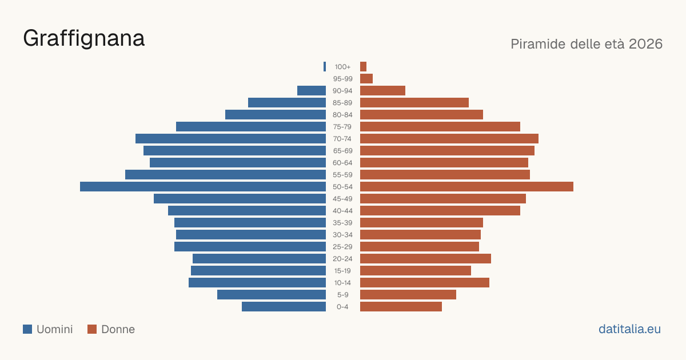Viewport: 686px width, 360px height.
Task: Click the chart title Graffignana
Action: [x=83, y=39]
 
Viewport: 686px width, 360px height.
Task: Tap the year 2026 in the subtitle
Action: [x=645, y=44]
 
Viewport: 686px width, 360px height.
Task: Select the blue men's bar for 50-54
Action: [x=203, y=187]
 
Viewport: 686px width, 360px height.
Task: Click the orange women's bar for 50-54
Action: [x=466, y=187]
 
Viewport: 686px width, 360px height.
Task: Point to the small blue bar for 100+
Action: [x=325, y=67]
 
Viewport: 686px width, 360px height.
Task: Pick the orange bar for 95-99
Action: [x=366, y=79]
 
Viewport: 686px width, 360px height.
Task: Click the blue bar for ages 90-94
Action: [x=312, y=91]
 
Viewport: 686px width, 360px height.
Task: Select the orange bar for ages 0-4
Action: [x=401, y=307]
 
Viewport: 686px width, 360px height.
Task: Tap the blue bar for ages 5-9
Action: [x=272, y=295]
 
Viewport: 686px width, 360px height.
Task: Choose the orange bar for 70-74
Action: [x=449, y=139]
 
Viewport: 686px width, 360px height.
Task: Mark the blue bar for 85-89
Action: [x=287, y=102]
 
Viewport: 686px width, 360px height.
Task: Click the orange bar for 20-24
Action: [x=425, y=259]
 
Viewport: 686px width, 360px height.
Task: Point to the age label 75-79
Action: [x=342, y=127]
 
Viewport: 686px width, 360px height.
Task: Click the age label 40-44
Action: [x=342, y=211]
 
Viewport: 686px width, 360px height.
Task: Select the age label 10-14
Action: [x=342, y=283]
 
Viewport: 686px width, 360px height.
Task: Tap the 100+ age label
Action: [x=342, y=67]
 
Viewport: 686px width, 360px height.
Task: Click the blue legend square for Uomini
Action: [x=27, y=329]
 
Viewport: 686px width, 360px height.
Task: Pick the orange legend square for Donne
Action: [x=92, y=329]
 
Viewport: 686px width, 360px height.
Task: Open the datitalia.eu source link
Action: [x=629, y=329]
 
